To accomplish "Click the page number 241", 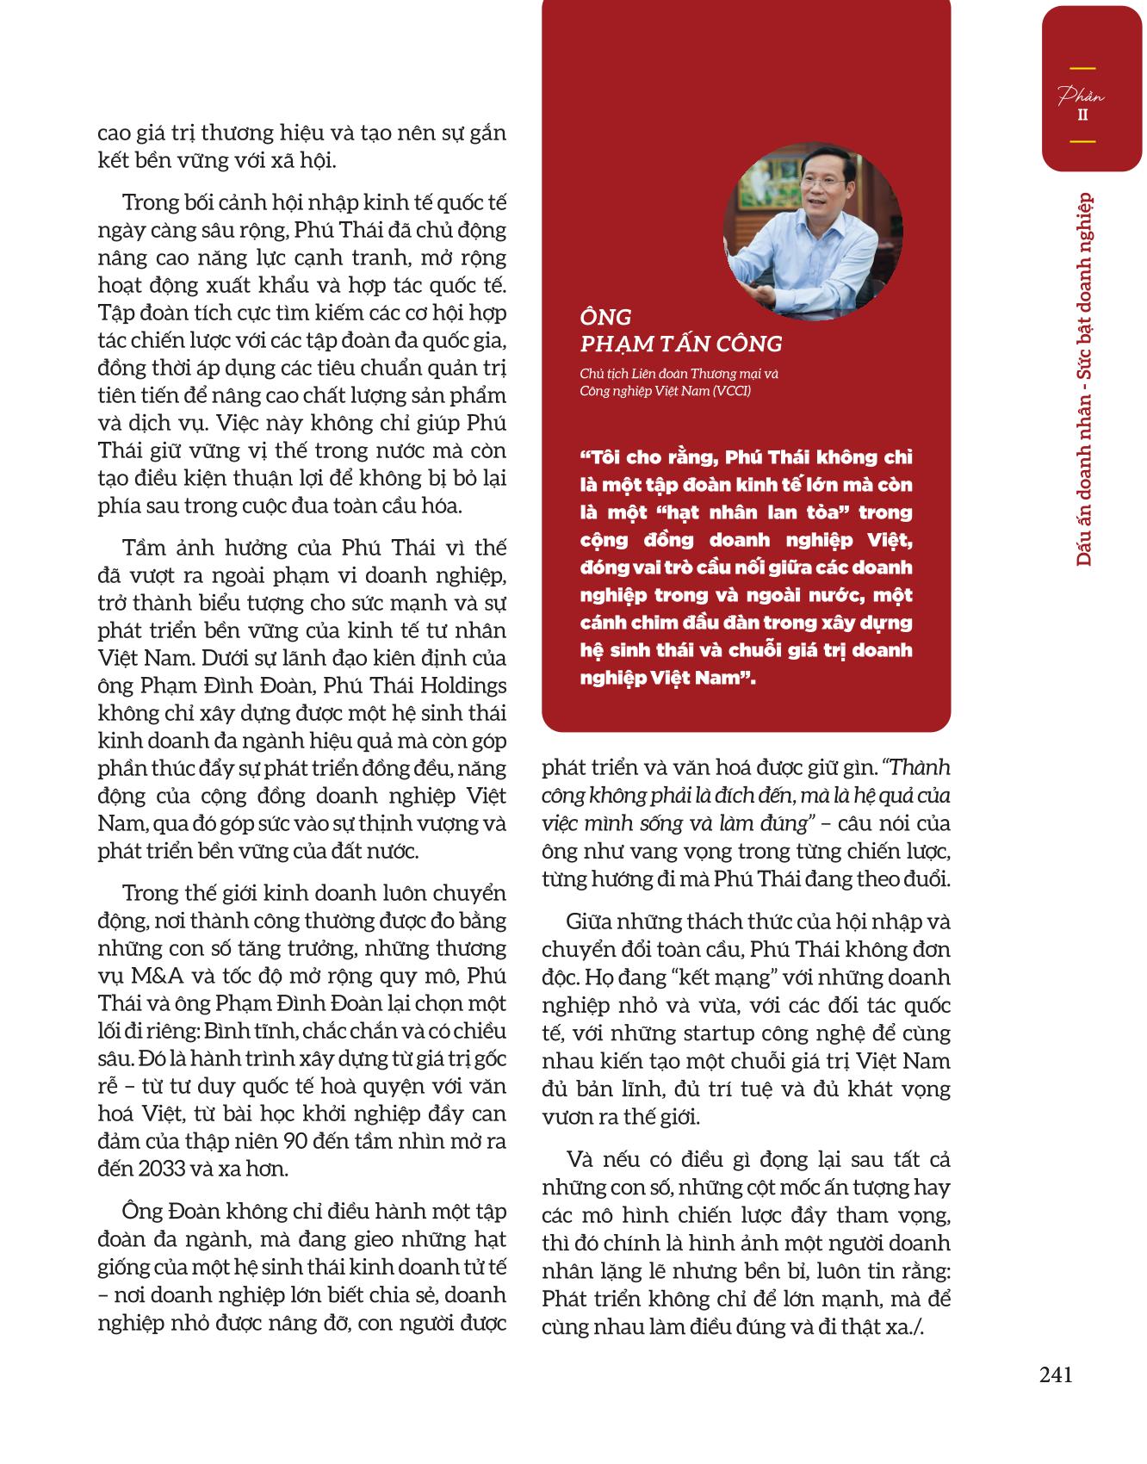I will (x=1056, y=1375).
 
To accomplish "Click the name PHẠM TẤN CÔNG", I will (x=681, y=344).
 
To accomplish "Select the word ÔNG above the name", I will (x=605, y=318).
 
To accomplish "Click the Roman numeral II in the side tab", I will (x=1082, y=115).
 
